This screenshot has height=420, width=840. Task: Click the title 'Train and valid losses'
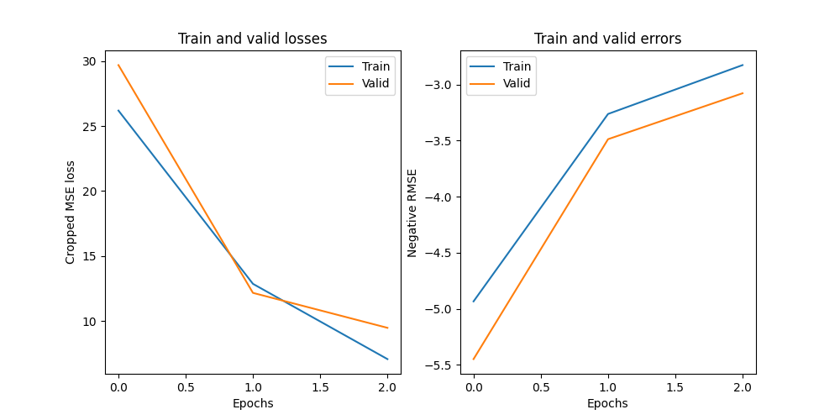point(253,39)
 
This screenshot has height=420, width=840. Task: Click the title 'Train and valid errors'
point(607,39)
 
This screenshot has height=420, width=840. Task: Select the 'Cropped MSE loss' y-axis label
point(71,212)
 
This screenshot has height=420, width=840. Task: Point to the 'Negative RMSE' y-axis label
point(412,212)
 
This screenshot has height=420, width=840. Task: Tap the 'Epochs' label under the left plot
point(253,403)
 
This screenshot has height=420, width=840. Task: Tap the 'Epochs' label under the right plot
point(607,403)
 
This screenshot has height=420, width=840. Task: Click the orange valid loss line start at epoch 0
point(118,65)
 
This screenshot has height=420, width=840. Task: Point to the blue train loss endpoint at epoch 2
point(387,359)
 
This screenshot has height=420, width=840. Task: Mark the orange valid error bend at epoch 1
point(607,139)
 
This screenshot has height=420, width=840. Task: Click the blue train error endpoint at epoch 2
point(743,65)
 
